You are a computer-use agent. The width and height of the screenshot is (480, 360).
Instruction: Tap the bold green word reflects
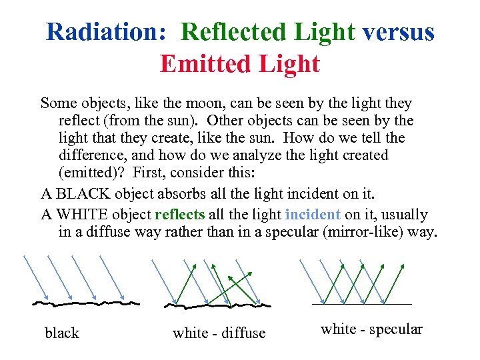coord(180,215)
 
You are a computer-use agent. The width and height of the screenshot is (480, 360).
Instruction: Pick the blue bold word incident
coord(313,215)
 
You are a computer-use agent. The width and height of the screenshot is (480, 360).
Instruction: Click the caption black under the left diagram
coord(62,333)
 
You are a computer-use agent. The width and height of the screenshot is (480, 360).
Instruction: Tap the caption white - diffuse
coord(219,333)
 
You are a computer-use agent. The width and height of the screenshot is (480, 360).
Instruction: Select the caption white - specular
coord(371,329)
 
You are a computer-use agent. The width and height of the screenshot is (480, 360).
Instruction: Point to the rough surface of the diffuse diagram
coord(217,305)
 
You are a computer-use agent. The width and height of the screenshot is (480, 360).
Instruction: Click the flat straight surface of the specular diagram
coord(361,304)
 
